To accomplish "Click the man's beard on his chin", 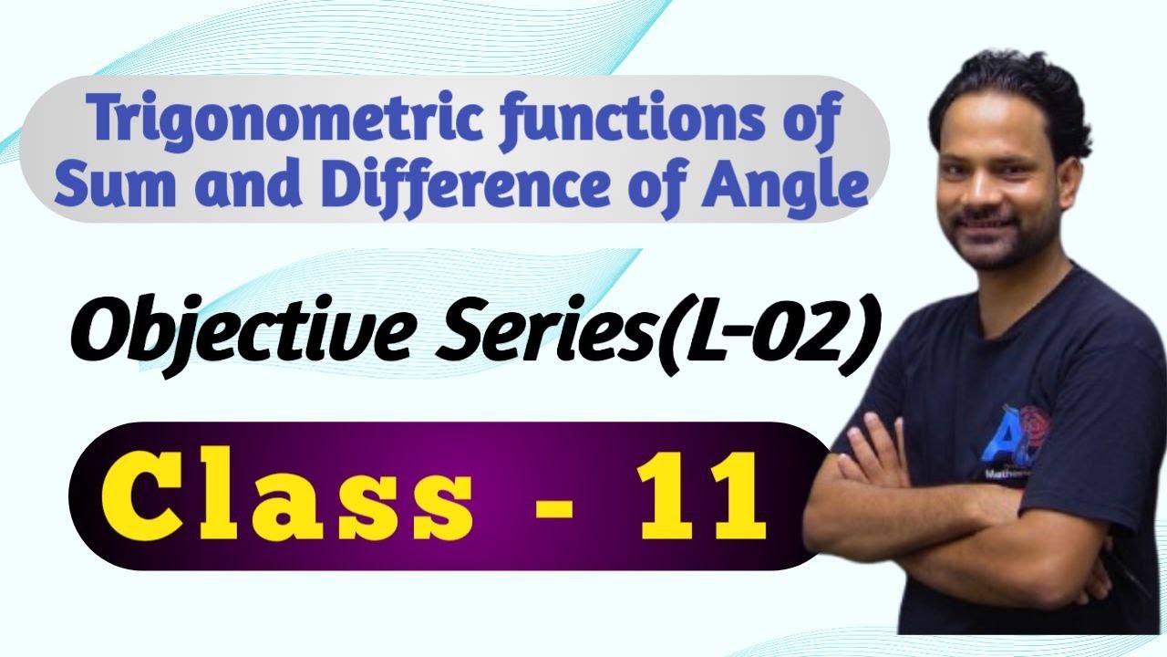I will pos(985,251).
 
